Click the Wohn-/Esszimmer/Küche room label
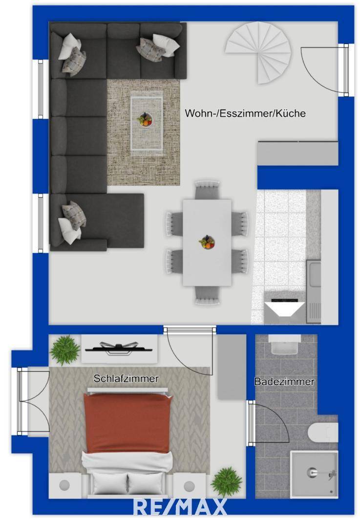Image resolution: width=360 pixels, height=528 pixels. (x=245, y=113)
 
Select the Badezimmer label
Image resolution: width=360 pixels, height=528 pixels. (x=284, y=382)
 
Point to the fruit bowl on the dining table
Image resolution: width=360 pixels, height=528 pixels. (x=207, y=242)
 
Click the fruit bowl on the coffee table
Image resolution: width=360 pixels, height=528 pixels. (x=145, y=119)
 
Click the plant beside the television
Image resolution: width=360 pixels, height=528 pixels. (x=65, y=350)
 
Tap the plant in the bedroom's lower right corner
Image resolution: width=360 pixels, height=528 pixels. (x=226, y=481)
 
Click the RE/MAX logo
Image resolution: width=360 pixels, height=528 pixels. (x=180, y=507)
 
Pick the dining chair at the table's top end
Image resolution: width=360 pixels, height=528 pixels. (x=207, y=190)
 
